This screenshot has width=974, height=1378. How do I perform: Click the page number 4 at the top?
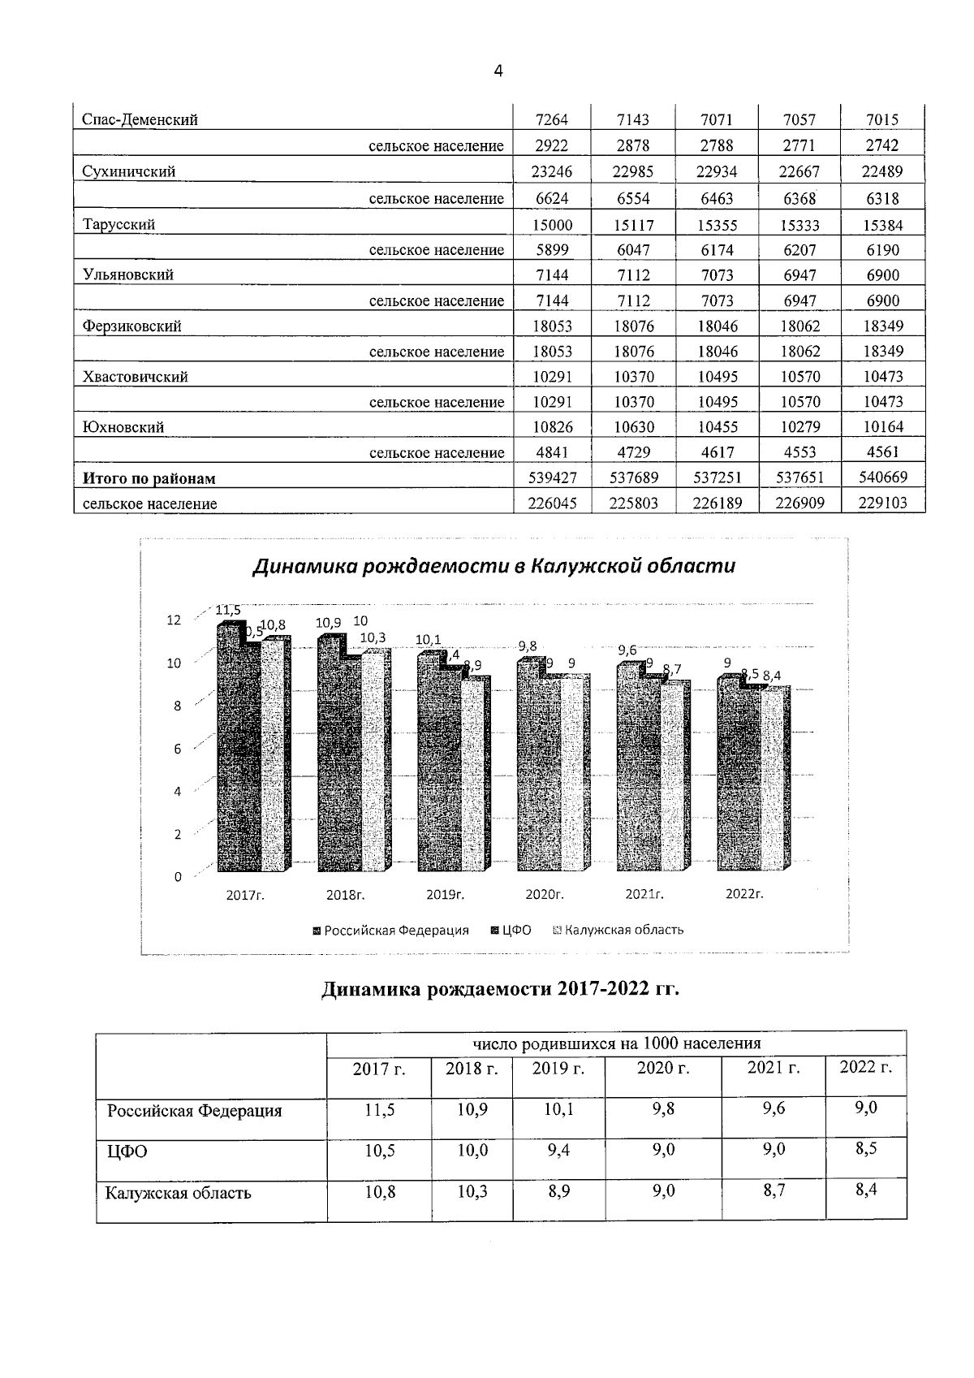tap(498, 72)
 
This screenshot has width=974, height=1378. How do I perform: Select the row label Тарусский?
tap(119, 225)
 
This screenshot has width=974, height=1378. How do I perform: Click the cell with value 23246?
tap(552, 171)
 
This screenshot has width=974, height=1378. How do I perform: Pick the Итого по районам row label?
tap(149, 478)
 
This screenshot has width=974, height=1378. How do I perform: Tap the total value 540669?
tap(882, 477)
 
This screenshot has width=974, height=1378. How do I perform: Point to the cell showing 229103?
tap(882, 503)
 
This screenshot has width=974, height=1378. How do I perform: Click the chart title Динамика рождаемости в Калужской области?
tap(493, 566)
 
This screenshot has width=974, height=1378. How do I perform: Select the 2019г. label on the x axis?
tap(445, 895)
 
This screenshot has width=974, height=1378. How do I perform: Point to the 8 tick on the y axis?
tap(177, 706)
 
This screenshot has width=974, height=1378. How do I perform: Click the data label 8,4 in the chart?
tap(772, 675)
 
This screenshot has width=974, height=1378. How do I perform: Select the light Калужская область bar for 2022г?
tap(775, 780)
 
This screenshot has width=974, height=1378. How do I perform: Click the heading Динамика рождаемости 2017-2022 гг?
tap(500, 989)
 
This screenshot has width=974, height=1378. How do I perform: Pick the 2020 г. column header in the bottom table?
tap(663, 1068)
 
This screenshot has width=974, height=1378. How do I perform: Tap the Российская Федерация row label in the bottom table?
tap(195, 1111)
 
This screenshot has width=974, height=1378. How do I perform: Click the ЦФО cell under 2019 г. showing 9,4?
tap(558, 1151)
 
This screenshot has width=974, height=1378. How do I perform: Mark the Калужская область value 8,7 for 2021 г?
tap(773, 1191)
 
